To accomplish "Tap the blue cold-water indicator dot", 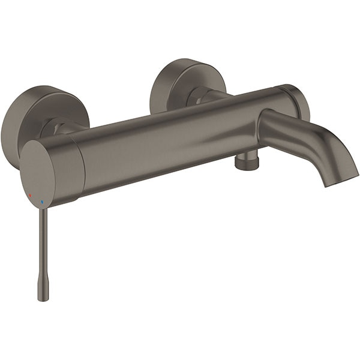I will click(x=41, y=202).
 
